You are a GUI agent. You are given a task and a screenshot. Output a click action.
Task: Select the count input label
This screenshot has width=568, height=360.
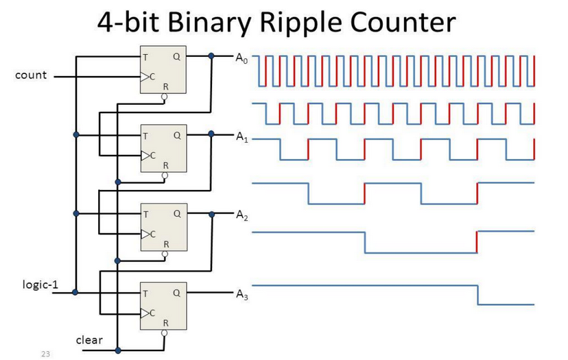(31, 75)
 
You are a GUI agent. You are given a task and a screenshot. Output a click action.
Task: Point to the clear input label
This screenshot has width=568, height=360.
(89, 339)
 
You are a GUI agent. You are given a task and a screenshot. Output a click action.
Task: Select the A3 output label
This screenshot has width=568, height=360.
(239, 296)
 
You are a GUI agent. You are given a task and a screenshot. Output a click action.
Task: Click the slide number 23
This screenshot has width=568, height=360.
(46, 353)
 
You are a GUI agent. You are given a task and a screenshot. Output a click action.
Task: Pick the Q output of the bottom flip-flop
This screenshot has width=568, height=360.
(176, 293)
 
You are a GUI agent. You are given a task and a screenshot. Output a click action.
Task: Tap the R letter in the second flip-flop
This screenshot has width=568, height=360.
(165, 165)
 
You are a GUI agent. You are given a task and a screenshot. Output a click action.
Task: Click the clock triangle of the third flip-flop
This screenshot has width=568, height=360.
(144, 233)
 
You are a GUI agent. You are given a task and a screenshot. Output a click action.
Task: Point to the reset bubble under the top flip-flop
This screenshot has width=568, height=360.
(164, 97)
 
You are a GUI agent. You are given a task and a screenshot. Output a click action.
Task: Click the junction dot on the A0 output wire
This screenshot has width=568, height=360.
(211, 56)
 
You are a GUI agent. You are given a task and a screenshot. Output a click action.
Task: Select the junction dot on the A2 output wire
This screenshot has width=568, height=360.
(211, 214)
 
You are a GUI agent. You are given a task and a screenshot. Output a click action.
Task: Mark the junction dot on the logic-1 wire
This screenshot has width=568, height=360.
(75, 293)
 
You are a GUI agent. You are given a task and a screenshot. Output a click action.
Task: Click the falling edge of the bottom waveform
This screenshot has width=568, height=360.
(477, 295)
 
